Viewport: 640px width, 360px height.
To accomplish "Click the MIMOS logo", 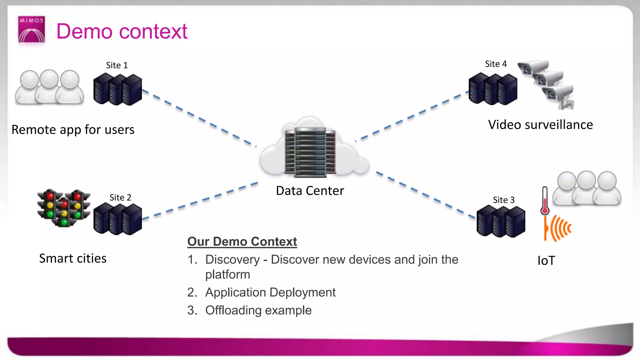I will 31,29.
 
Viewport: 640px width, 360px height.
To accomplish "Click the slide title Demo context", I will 122,32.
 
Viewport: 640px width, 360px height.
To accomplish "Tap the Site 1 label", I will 117,65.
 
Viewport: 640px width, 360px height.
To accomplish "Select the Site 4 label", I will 496,64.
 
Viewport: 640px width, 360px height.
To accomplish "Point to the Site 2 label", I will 120,197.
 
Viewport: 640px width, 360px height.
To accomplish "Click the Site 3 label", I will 503,200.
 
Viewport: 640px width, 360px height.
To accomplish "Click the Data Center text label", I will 310,191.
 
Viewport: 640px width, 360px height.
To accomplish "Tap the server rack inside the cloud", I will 310,152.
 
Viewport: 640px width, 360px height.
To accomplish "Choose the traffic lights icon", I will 64,207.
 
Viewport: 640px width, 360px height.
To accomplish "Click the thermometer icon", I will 545,201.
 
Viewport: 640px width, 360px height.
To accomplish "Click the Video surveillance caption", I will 540,125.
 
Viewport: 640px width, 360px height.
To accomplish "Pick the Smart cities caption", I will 73,259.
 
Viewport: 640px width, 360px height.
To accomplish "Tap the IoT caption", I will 546,261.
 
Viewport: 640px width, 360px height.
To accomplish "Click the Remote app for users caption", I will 73,130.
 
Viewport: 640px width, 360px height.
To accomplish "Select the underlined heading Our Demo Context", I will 242,242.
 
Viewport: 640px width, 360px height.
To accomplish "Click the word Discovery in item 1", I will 232,260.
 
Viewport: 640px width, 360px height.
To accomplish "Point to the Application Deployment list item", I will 270,292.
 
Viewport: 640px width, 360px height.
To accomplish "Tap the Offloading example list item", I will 258,310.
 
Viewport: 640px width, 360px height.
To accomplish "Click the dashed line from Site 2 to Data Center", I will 200,201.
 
